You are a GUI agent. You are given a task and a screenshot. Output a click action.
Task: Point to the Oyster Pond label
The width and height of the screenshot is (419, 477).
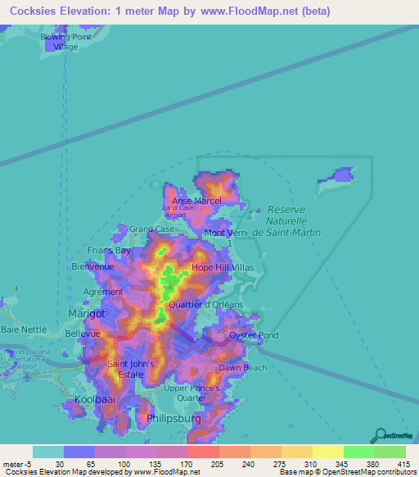[x=254, y=335]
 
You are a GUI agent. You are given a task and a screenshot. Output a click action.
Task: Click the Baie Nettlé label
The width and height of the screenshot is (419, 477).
[x=25, y=329]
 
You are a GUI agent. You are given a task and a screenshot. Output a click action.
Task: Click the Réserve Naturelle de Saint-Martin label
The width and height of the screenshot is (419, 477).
[x=286, y=220]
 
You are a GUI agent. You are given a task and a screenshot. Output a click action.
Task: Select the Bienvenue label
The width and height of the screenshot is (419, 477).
[x=92, y=266]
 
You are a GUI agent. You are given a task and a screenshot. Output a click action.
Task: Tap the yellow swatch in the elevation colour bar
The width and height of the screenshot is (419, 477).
[x=327, y=452]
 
